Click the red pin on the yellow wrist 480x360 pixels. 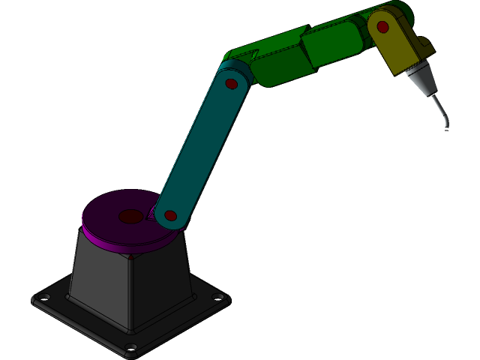(382, 27)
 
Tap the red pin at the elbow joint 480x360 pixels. (231, 83)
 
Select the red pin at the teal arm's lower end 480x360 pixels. (170, 216)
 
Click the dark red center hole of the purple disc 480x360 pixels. (130, 217)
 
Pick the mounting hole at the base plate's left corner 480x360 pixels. (43, 298)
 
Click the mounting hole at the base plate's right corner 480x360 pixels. (218, 298)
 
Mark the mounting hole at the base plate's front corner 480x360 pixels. (131, 346)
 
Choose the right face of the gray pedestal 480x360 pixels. (161, 285)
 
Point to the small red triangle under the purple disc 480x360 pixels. (133, 258)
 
